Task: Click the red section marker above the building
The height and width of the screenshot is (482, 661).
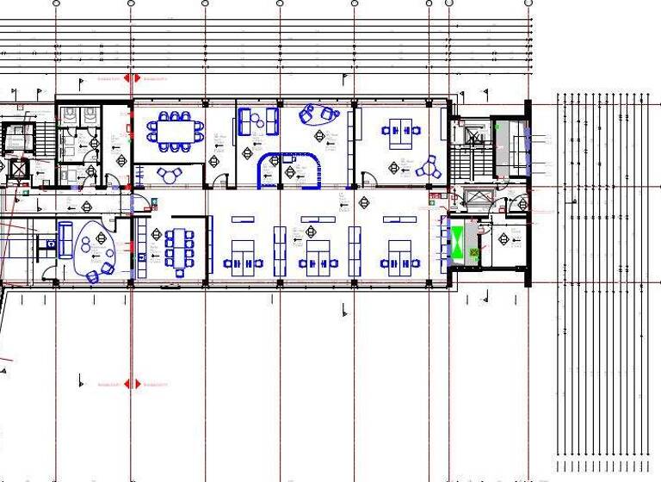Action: (x=131, y=78)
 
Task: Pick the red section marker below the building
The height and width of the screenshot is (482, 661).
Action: (x=131, y=384)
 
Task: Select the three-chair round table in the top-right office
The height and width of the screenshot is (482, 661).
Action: (x=425, y=167)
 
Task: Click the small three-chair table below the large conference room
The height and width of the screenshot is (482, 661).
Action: (x=170, y=175)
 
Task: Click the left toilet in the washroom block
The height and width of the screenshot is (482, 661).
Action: (x=66, y=114)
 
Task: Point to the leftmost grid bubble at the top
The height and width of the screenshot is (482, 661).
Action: (x=56, y=3)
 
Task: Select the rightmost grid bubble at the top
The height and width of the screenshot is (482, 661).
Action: (x=528, y=3)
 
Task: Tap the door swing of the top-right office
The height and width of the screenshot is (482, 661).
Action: (x=369, y=180)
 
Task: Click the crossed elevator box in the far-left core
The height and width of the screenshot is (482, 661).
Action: (x=18, y=168)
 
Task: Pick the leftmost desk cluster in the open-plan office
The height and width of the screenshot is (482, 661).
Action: (x=244, y=255)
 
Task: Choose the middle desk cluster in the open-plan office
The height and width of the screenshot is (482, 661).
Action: (x=318, y=255)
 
